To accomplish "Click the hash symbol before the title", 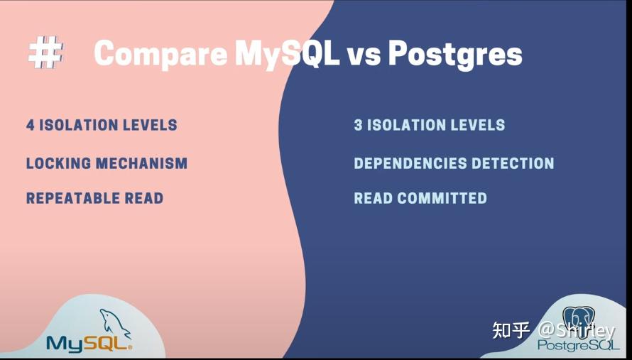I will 45,54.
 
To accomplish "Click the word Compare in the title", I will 156,54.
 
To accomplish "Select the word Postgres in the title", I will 455,54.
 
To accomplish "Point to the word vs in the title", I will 364,55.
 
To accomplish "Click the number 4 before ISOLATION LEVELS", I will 31,126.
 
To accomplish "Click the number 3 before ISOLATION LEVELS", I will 359,126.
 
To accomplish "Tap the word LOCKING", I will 59,163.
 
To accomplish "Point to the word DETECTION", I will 512,163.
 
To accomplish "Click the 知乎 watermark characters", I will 511,330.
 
